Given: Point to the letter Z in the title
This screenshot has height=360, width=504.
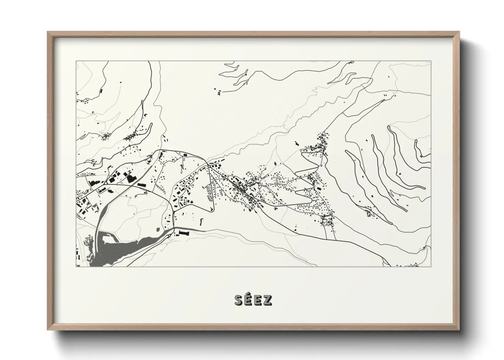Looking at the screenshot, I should point(267,300).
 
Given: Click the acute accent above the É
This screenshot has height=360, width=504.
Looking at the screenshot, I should point(249,295).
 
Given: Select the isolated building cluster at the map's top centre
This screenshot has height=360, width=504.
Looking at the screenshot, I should point(218,91).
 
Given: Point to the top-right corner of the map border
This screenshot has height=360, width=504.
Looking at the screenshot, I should point(431,61).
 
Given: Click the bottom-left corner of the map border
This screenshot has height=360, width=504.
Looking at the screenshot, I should point(76,266).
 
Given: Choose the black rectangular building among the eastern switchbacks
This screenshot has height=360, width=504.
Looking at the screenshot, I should point(319,188).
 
